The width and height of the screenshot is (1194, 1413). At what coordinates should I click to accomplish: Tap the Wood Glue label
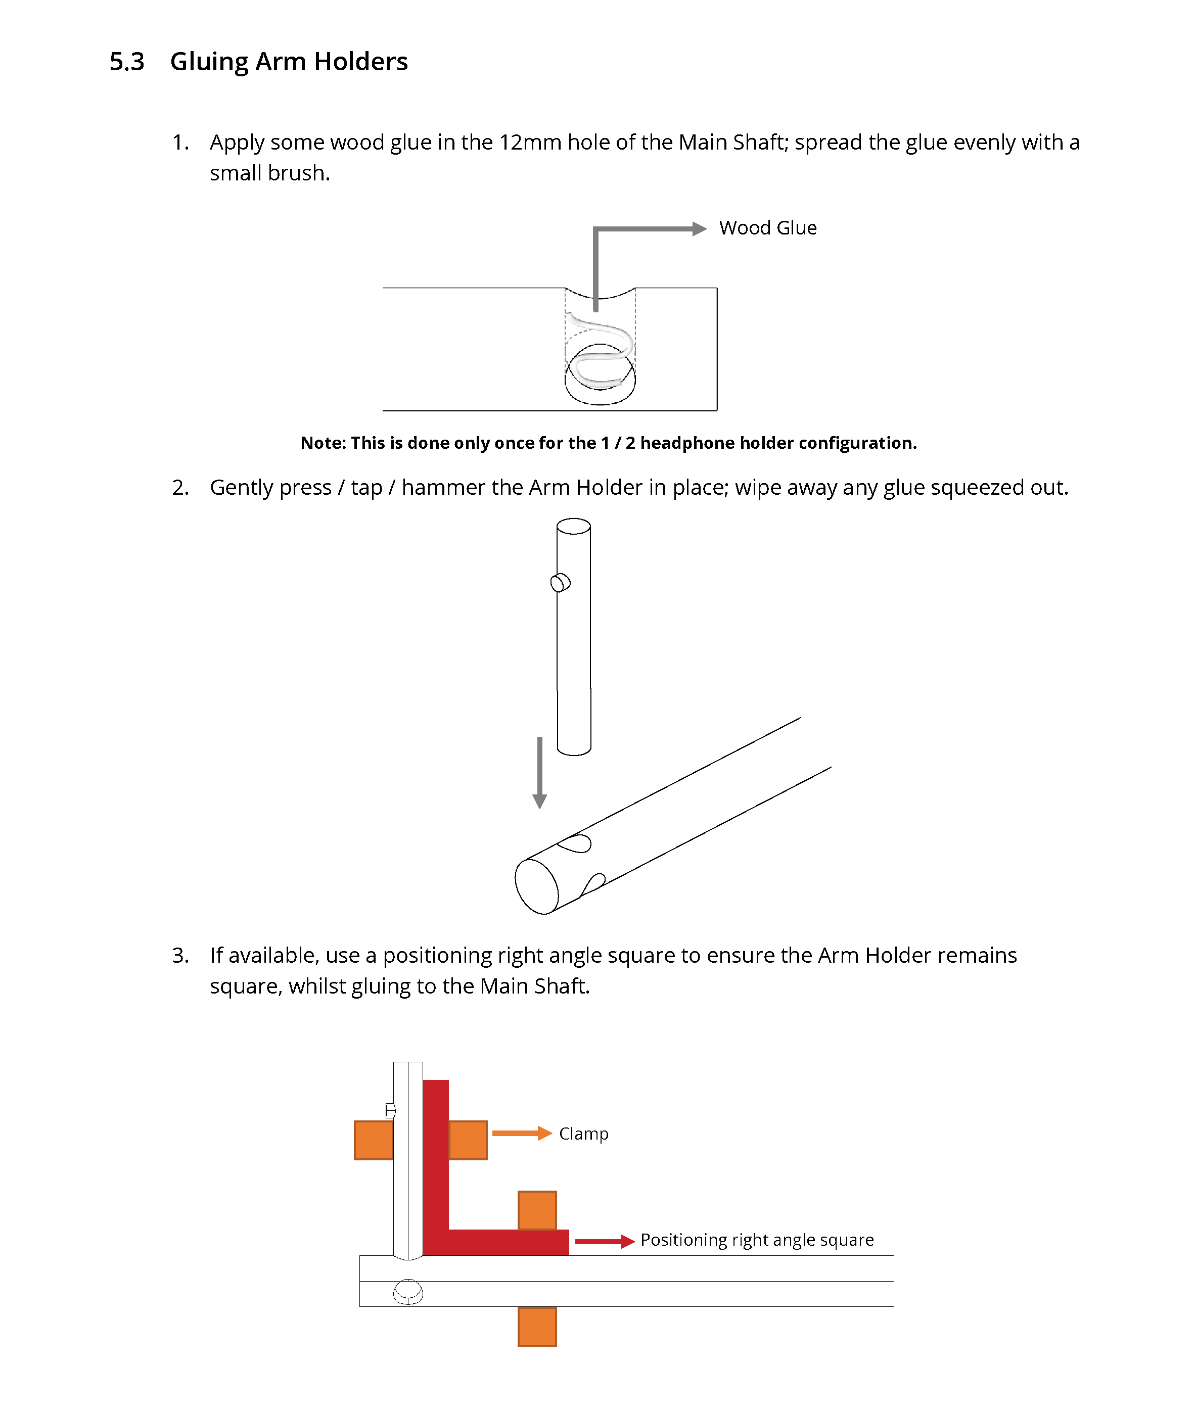pos(767,228)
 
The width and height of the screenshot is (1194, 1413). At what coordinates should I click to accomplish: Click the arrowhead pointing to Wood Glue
pos(699,229)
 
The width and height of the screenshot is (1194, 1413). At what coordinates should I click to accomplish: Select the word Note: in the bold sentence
pos(323,443)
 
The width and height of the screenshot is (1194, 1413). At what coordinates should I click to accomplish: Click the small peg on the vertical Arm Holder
pos(560,583)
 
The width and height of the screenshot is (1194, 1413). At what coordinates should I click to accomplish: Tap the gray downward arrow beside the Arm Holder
pos(539,772)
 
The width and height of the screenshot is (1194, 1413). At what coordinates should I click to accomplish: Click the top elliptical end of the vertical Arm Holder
pos(573,527)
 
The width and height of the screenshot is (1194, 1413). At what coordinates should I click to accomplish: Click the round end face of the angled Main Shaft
pos(536,886)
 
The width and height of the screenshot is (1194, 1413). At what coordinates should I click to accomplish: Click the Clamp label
pos(583,1134)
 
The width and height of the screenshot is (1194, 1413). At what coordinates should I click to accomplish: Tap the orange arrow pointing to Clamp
pos(521,1134)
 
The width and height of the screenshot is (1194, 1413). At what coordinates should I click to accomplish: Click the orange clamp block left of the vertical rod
pos(374,1140)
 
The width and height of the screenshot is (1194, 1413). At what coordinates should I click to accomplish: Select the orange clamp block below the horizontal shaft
pos(537,1327)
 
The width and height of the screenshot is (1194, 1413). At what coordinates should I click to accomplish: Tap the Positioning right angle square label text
pos(757,1240)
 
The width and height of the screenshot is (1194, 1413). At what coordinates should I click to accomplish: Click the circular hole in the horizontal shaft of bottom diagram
pos(408,1291)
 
